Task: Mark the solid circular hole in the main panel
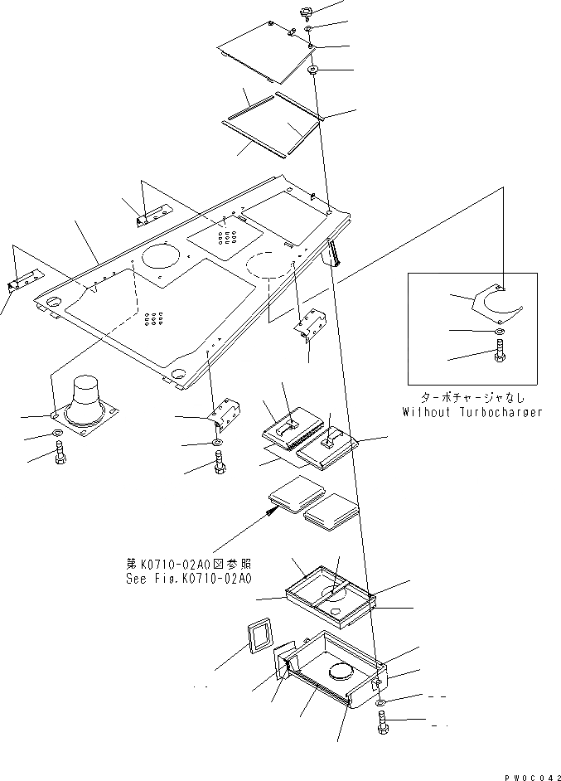click(x=162, y=255)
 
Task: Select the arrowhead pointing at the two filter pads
click(x=269, y=512)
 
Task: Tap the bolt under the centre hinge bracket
click(x=219, y=467)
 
